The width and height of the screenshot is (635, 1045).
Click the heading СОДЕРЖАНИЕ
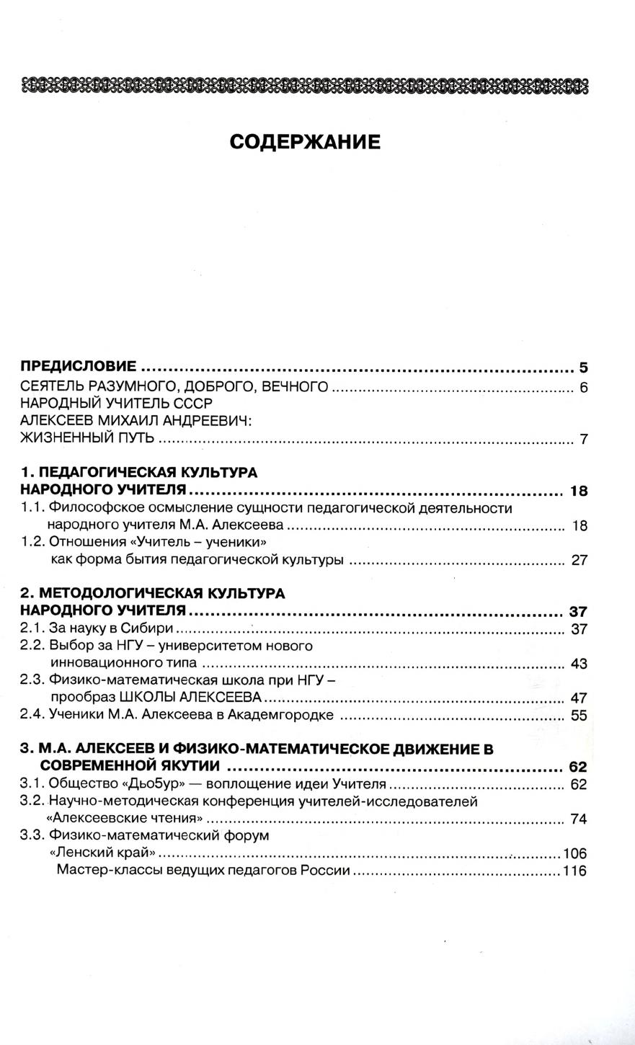305,142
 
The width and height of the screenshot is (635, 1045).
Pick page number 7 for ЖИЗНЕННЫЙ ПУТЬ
583,439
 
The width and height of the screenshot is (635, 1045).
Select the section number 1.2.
32,542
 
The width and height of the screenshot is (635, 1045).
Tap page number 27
580,560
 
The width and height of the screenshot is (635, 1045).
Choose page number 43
580,663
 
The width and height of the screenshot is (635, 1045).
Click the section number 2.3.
32,680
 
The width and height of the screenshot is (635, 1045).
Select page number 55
580,716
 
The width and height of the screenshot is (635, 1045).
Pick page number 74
580,819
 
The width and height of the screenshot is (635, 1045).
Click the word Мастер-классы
102,871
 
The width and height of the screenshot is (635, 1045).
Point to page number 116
575,871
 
